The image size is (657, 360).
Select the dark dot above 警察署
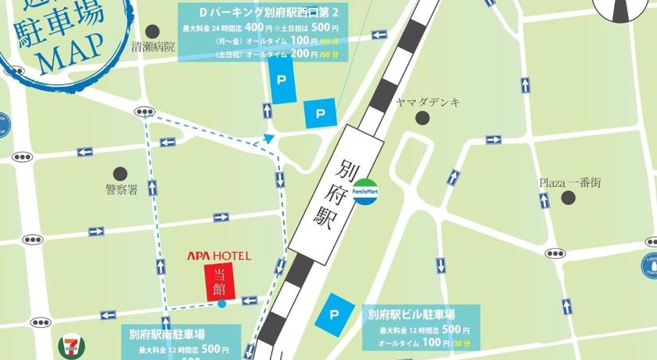(120, 173)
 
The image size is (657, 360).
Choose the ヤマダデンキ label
(428, 103)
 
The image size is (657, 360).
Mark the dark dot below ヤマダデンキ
(423, 118)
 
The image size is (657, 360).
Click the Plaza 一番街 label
(569, 182)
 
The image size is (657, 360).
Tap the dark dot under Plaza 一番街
(569, 198)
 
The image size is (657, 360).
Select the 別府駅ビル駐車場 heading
(418, 315)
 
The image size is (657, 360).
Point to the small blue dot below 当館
(221, 304)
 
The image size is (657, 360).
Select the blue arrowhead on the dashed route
(269, 139)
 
